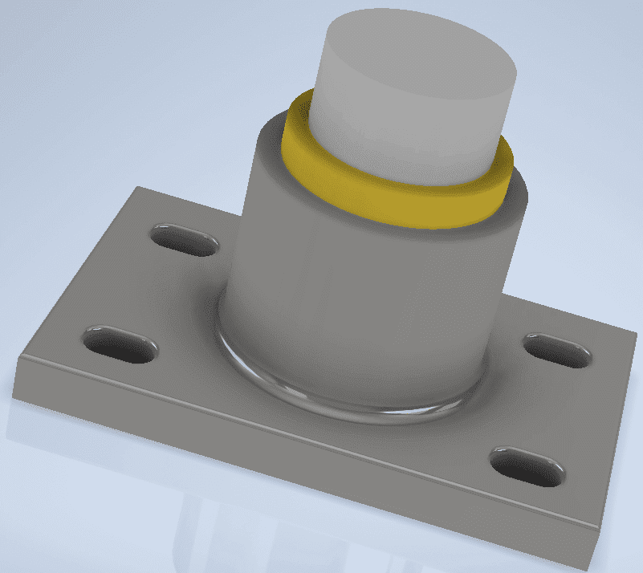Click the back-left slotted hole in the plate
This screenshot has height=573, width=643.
click(x=185, y=239)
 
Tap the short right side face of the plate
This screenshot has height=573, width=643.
click(x=618, y=433)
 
